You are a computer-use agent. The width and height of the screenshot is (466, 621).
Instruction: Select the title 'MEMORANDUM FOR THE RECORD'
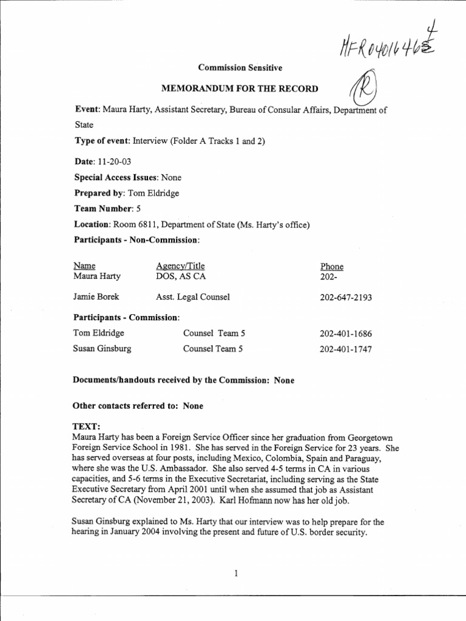tap(239, 89)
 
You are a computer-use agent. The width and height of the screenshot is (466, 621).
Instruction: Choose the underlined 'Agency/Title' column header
tap(180, 266)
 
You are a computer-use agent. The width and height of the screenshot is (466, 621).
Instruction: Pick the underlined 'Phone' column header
tap(331, 266)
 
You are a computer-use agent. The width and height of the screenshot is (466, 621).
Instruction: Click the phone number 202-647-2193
tap(345, 297)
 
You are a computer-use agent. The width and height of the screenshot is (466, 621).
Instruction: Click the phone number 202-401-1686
tap(345, 334)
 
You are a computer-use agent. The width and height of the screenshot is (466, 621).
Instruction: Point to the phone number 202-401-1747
tap(345, 349)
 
